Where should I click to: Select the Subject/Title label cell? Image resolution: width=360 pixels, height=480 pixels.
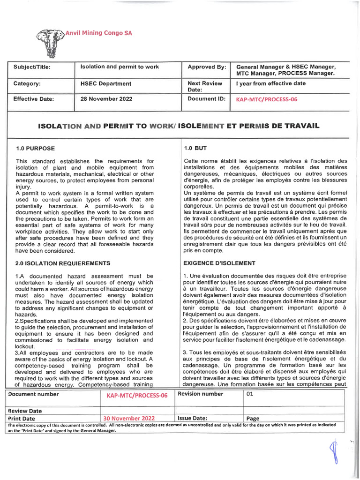pos(32,67)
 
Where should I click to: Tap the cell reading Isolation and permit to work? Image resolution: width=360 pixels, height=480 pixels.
pos(120,67)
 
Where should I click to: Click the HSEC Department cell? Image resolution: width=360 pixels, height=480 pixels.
pos(106,84)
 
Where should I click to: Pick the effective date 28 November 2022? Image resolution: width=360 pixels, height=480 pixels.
pos(106,99)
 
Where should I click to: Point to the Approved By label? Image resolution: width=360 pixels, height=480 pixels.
pos(207,67)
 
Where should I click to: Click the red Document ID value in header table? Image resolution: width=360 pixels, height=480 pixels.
pos(267,99)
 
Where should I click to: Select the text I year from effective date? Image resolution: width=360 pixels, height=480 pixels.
pos(271,83)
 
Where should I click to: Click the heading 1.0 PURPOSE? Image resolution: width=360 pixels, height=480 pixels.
pos(35,149)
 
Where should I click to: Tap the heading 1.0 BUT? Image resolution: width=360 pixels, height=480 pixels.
pos(195,149)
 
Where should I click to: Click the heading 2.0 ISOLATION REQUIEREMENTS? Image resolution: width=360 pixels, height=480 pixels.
pos(63,263)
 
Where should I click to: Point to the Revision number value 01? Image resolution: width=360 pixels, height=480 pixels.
pos(249,394)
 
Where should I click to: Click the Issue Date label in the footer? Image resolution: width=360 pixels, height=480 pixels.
pos(193,418)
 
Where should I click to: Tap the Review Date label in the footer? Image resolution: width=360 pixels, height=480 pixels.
pos(25,411)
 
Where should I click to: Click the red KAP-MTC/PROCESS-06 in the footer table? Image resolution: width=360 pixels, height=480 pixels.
pos(137,396)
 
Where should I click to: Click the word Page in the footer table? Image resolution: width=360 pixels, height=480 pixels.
pos(253,418)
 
